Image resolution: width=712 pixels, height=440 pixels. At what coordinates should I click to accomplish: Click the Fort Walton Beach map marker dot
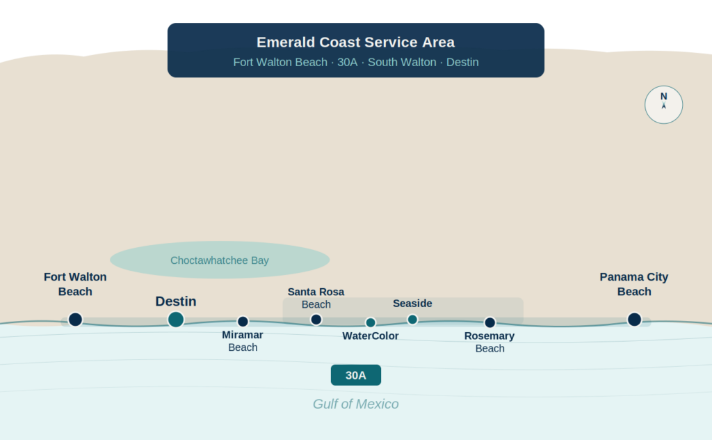75,320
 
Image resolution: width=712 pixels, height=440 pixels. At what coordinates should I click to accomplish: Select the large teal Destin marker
176,320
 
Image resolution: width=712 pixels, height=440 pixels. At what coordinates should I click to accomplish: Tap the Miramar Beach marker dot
243,322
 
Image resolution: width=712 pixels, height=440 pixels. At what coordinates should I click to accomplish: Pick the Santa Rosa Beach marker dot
316,320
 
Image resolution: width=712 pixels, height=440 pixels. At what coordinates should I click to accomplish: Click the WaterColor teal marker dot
371,323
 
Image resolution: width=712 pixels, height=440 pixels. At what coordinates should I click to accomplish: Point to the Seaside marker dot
412,320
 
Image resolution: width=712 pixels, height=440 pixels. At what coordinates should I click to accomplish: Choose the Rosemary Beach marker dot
490,323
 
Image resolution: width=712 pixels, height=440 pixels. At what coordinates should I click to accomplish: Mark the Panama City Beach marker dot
634,320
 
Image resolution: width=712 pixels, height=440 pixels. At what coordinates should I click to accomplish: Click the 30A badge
356,375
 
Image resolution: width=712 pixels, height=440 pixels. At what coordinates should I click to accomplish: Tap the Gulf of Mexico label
355,404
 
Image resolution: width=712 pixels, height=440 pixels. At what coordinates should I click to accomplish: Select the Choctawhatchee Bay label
219,260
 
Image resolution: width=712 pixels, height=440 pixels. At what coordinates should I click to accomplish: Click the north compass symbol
664,104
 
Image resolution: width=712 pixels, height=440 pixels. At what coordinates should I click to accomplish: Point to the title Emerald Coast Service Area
355,42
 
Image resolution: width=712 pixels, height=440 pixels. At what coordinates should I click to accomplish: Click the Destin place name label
176,301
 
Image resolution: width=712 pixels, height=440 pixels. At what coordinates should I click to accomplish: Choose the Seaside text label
412,303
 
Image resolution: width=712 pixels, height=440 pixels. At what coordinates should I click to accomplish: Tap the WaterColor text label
371,336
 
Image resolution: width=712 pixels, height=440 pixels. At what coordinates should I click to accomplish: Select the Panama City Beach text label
634,284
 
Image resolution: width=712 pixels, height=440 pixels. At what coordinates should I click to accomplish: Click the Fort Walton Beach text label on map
75,284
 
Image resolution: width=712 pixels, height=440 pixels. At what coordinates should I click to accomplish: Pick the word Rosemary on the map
489,336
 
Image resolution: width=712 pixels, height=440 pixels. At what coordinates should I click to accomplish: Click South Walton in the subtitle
402,62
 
